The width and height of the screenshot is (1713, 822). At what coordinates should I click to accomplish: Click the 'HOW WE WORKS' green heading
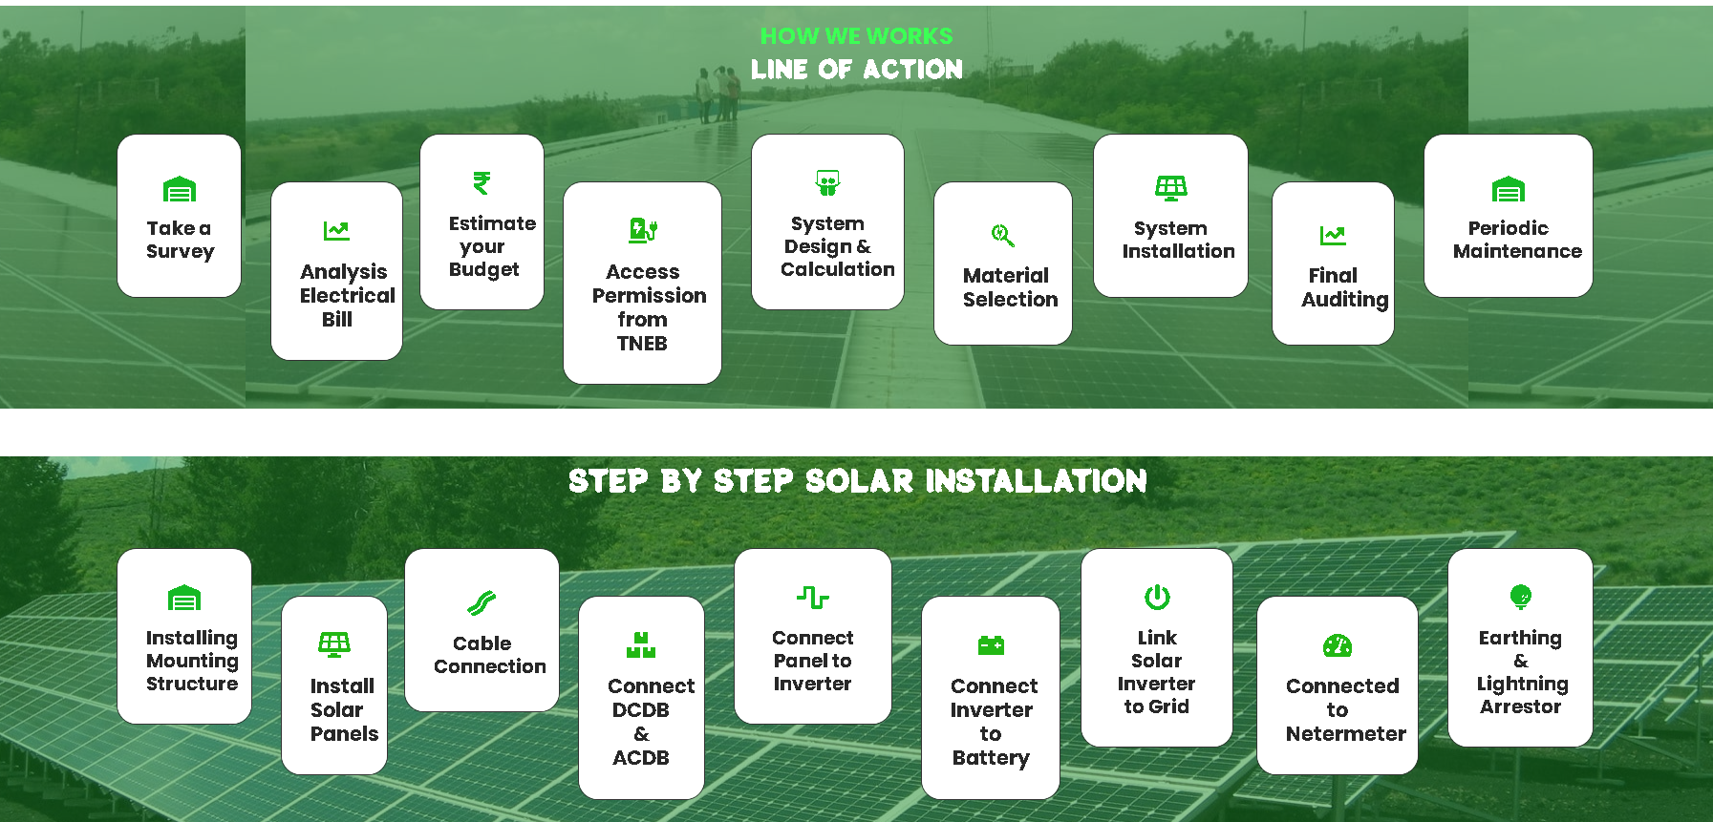point(856,36)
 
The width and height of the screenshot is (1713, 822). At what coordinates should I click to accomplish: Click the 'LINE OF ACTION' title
point(856,69)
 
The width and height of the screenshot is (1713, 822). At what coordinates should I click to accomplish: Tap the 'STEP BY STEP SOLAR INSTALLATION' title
point(857,480)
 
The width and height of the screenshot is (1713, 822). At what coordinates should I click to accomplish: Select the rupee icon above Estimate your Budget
point(482,182)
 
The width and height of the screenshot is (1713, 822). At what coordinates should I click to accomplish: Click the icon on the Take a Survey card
point(180,189)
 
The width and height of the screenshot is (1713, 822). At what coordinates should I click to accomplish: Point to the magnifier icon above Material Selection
point(1002,235)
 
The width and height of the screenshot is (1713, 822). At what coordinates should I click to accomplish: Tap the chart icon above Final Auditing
point(1333,235)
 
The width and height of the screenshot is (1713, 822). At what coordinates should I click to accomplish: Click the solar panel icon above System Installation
point(1170,188)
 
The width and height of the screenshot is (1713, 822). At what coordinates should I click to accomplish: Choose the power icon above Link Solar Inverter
point(1157,597)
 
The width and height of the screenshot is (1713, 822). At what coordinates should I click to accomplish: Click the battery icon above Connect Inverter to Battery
point(991,645)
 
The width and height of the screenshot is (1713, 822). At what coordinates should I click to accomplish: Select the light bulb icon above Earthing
point(1520,597)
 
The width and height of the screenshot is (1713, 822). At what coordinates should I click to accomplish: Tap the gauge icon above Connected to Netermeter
point(1338,645)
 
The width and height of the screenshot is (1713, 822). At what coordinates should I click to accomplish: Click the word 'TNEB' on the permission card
point(642,344)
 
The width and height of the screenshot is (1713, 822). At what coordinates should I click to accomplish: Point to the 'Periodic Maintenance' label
point(1516,240)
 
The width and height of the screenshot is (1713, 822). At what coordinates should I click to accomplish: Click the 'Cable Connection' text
point(489,655)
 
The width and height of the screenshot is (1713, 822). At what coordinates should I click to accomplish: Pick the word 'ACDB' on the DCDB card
point(641,758)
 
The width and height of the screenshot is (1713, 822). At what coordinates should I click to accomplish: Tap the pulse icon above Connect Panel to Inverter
point(813,598)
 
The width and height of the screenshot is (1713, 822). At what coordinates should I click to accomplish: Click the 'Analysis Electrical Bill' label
point(346,295)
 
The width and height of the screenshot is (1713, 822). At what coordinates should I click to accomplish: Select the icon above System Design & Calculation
point(827,182)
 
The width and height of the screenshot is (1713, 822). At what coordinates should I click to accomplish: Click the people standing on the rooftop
point(718,94)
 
